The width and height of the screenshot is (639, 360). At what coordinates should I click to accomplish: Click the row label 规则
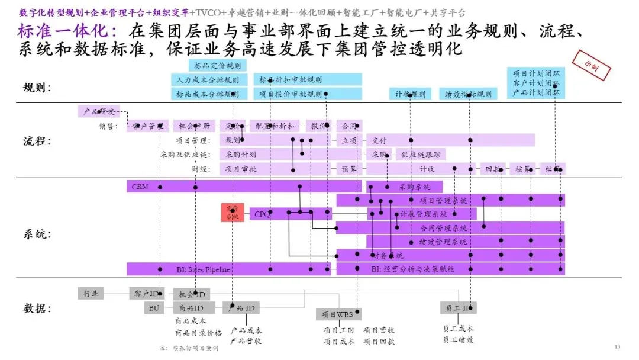(37, 88)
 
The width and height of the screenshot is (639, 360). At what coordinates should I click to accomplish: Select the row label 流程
(37, 142)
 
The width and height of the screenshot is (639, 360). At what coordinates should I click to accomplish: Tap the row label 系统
(37, 234)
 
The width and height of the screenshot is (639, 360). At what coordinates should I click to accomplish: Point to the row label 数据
(37, 308)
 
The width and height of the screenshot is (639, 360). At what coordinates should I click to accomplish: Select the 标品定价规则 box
(218, 66)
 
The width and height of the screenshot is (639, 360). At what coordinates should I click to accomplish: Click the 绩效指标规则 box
(467, 94)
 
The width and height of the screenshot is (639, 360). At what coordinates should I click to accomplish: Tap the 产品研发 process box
(98, 111)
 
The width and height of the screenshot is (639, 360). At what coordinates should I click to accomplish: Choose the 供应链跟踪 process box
(421, 155)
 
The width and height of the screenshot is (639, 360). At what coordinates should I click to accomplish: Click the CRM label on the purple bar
(140, 187)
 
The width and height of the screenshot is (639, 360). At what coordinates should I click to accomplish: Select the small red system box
(233, 213)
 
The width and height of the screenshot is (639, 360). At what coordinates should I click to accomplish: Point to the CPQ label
(263, 214)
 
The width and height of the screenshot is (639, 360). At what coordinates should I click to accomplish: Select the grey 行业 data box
(91, 293)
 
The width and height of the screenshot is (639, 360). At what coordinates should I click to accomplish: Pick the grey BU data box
(154, 308)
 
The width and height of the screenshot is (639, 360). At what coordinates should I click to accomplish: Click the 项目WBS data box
(338, 314)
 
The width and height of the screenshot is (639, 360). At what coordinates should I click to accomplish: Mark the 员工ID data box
(458, 308)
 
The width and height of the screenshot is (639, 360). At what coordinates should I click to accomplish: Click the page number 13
(617, 346)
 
